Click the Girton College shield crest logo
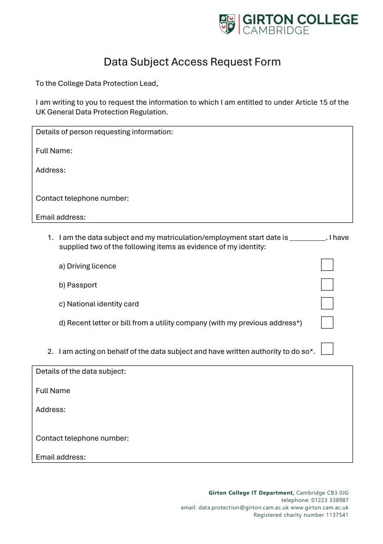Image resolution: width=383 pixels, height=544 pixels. (227, 24)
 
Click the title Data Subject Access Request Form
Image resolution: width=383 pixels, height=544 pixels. (192, 62)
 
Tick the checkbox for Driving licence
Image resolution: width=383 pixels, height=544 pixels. (327, 265)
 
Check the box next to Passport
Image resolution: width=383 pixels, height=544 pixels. (327, 284)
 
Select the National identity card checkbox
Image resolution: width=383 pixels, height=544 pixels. (327, 303)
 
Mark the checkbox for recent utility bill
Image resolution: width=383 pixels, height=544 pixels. (327, 322)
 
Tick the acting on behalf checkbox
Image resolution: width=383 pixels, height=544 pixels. (327, 349)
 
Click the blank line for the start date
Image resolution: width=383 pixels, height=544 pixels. (308, 238)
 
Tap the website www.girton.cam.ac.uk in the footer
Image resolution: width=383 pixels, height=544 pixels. (320, 508)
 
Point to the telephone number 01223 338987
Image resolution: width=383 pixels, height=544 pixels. (330, 500)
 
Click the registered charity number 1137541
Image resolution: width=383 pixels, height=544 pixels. (337, 515)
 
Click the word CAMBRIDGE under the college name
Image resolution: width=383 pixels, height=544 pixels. (276, 30)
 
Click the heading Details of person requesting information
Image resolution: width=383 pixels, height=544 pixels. (104, 132)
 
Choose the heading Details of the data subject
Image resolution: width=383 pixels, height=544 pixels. (81, 371)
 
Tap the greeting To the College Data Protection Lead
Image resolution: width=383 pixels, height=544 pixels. (97, 84)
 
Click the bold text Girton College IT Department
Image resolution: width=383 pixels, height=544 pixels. (251, 493)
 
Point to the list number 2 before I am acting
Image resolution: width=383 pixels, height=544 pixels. (50, 352)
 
